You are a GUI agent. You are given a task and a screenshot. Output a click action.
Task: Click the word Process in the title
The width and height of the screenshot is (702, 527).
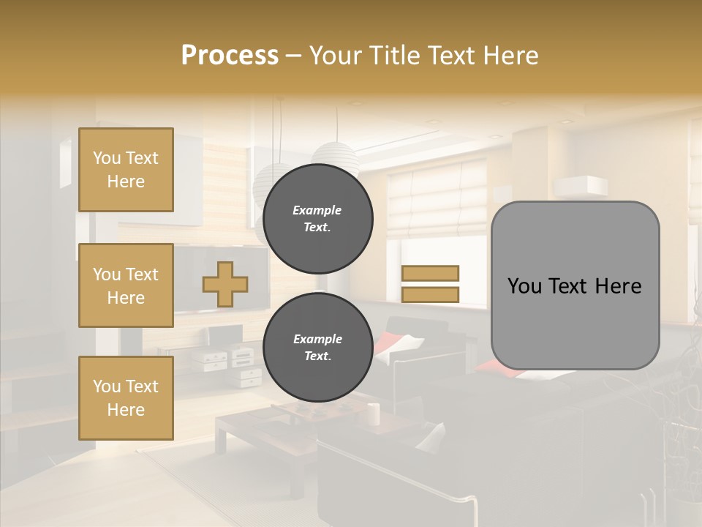click(x=230, y=55)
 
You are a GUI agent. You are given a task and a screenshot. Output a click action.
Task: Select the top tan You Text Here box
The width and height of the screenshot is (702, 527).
click(x=126, y=170)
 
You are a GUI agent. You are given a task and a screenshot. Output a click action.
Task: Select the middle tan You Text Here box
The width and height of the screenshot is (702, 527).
click(x=126, y=285)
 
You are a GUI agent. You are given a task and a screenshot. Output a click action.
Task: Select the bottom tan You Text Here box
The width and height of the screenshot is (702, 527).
click(x=126, y=398)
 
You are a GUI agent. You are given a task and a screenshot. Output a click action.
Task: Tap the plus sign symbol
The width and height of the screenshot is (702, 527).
click(x=225, y=284)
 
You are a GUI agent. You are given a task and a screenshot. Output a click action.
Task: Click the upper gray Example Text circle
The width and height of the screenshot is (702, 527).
click(x=317, y=218)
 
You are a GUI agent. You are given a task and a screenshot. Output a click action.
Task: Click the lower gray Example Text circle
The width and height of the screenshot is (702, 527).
click(x=317, y=347)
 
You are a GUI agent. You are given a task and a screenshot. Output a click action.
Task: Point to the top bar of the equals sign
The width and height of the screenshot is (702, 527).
click(x=430, y=273)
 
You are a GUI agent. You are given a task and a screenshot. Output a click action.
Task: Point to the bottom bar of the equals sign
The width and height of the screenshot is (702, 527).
click(x=430, y=294)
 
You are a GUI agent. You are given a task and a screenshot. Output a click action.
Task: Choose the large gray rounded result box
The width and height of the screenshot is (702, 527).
click(x=575, y=285)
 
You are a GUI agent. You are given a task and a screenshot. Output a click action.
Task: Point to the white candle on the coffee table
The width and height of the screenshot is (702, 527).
click(x=373, y=414)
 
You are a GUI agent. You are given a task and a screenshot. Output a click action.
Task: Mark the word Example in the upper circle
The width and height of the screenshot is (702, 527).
click(x=317, y=210)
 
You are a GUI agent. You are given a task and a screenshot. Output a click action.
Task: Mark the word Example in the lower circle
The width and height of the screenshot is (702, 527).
click(x=317, y=339)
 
